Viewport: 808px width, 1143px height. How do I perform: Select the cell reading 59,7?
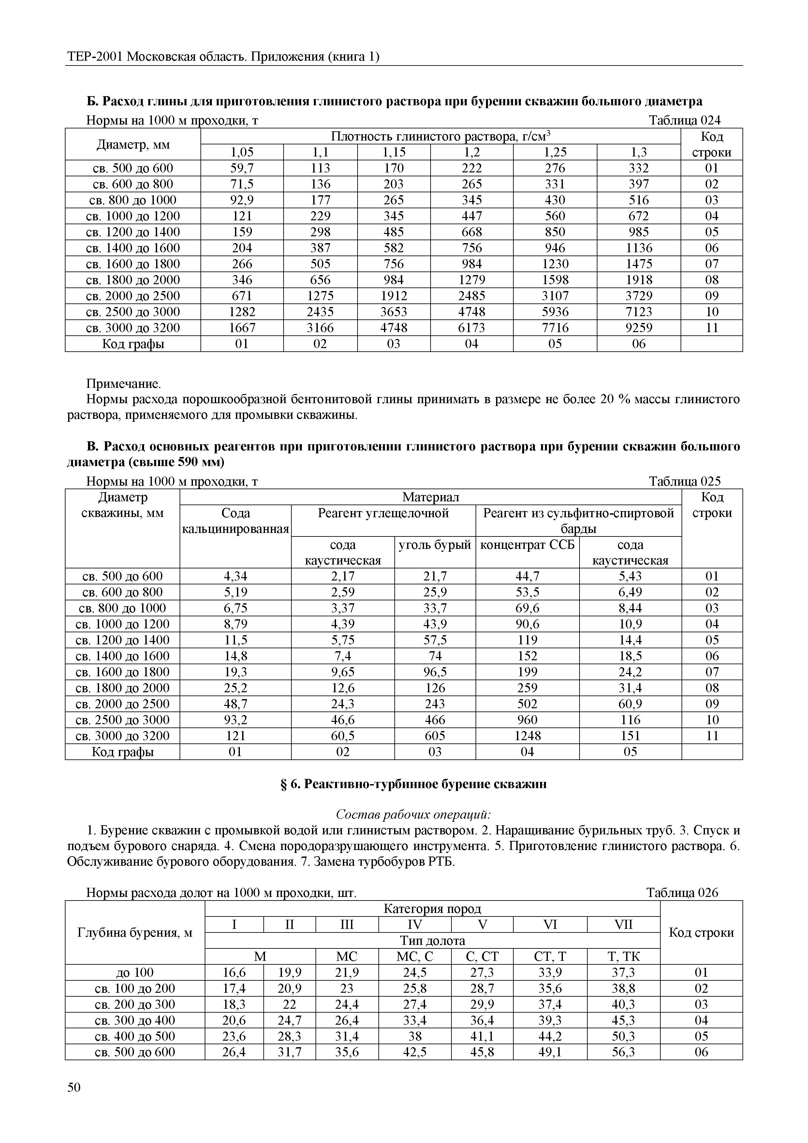(x=242, y=168)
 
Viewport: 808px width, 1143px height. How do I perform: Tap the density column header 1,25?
(x=555, y=152)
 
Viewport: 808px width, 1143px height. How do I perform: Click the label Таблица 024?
(x=684, y=121)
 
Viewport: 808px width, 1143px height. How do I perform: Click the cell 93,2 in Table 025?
(x=235, y=720)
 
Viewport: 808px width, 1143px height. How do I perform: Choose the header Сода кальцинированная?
(x=235, y=521)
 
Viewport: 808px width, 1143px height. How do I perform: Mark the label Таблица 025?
(x=684, y=481)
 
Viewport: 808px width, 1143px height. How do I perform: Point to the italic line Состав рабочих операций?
(x=413, y=814)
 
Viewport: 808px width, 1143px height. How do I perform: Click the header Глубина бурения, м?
(x=134, y=932)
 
